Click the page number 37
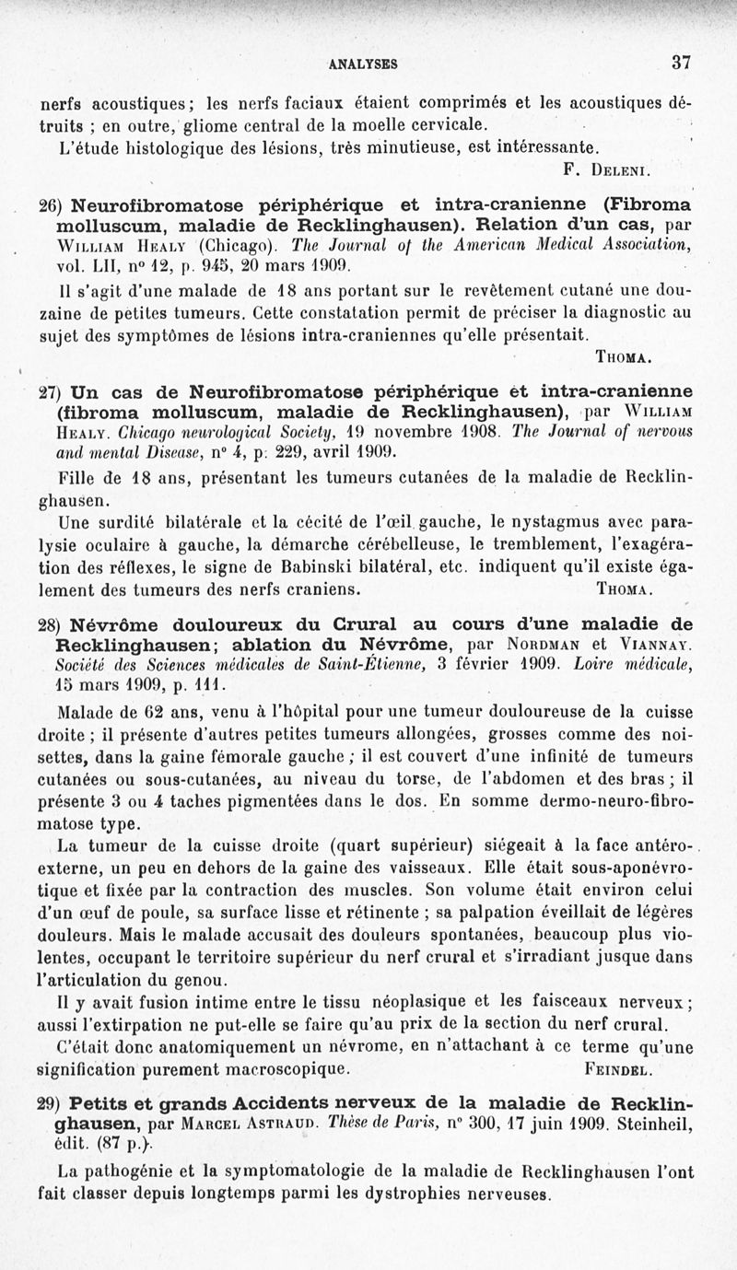point(681,63)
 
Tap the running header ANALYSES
point(363,64)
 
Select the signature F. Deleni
point(607,169)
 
